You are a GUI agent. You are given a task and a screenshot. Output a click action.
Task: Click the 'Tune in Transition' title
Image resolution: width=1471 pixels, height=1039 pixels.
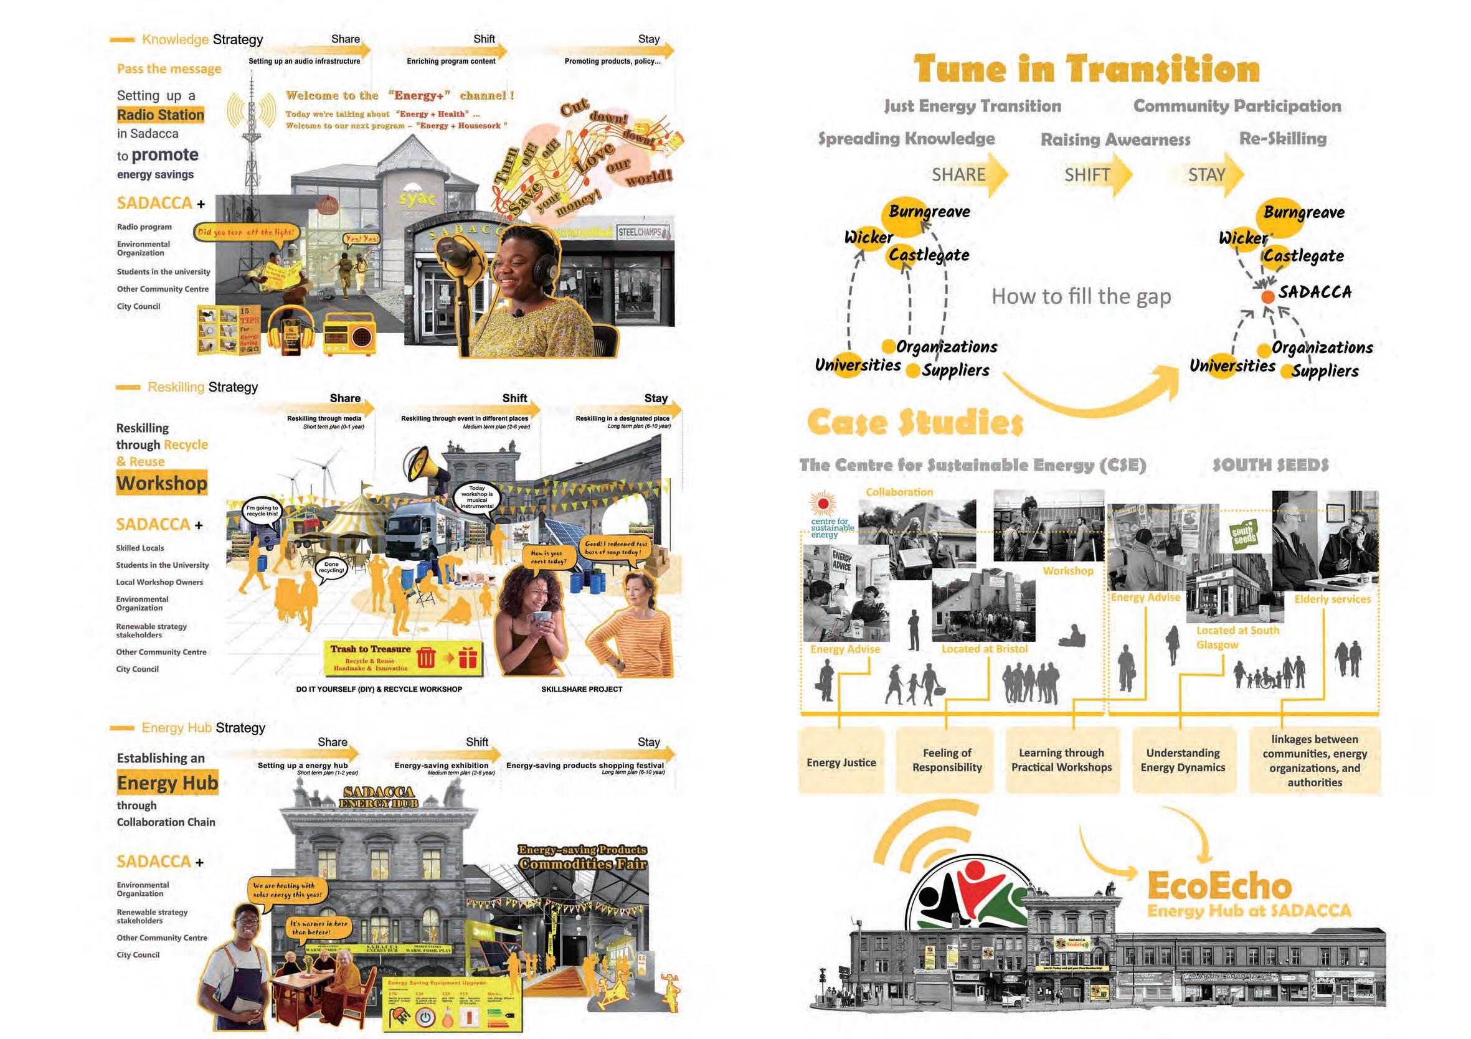coord(1087,69)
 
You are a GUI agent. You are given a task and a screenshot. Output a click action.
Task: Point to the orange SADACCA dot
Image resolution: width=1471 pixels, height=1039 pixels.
coord(1267,297)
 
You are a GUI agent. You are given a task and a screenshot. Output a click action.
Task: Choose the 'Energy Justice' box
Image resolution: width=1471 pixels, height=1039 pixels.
coord(841,761)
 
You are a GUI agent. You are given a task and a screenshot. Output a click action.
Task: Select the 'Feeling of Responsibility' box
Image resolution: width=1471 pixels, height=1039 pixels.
coord(946,760)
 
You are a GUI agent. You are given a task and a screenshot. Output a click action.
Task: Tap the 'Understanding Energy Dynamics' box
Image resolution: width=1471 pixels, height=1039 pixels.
coord(1183,760)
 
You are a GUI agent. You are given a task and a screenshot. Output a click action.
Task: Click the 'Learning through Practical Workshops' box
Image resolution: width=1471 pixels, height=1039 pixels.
coord(1061,760)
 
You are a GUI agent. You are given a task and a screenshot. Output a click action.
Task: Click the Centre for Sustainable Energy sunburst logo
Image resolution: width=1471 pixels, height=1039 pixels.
coord(823,504)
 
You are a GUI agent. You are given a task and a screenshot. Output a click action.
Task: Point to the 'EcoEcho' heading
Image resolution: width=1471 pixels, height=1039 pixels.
coord(1219,886)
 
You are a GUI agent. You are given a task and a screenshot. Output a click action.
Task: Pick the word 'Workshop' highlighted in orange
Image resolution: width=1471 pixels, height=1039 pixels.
coord(162,483)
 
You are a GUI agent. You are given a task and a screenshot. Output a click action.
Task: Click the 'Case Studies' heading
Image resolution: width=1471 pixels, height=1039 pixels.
coord(915,422)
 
